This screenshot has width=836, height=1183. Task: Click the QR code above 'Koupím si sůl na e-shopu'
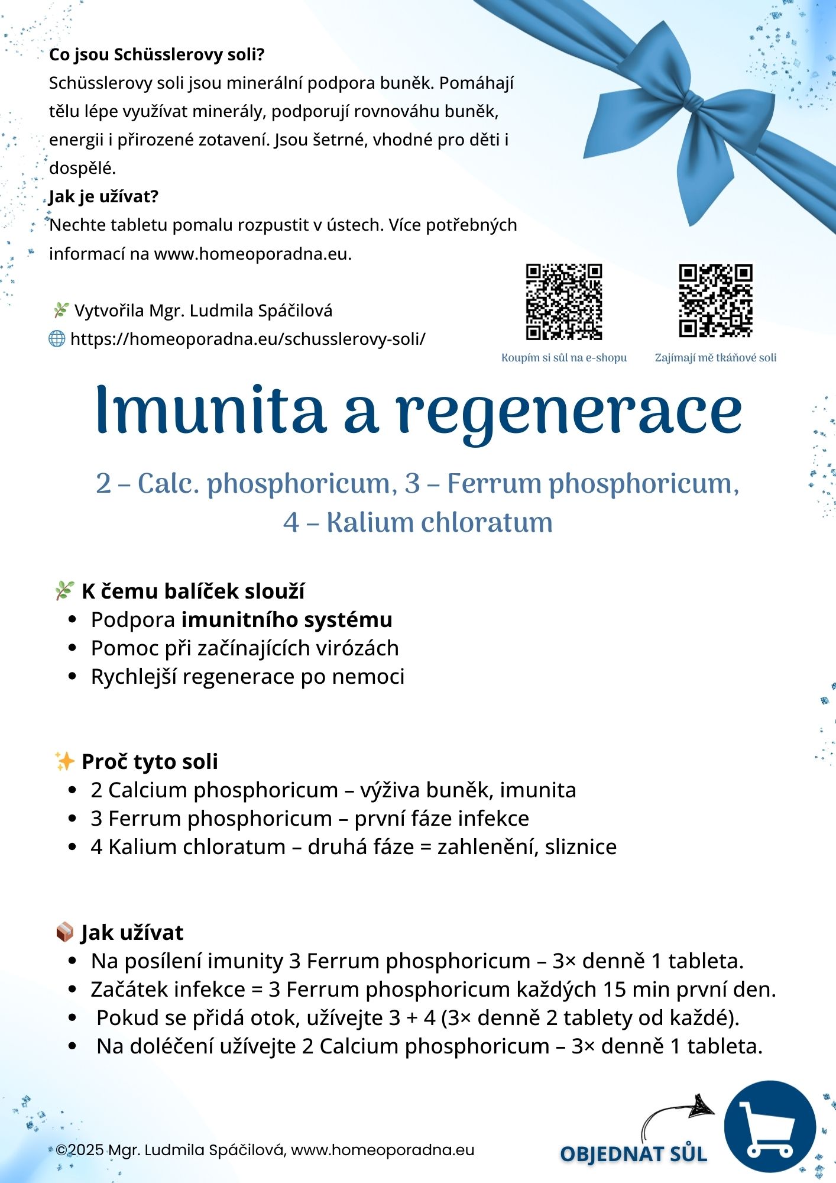[564, 302]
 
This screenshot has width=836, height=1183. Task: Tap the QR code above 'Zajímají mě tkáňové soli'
[715, 300]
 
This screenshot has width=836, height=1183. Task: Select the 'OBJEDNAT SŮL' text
[633, 1154]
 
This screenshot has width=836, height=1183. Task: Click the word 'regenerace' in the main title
[569, 413]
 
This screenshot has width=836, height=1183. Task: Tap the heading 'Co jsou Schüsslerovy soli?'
[157, 54]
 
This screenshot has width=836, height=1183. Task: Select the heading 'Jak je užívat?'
[104, 196]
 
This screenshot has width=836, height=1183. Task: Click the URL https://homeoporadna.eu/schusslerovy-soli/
[248, 339]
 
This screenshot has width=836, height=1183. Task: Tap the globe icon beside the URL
[57, 339]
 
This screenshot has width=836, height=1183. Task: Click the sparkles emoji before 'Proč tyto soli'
[64, 761]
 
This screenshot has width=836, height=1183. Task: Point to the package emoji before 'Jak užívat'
[64, 932]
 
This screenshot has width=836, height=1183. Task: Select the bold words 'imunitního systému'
[287, 619]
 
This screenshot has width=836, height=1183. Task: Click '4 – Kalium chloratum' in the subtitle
[418, 522]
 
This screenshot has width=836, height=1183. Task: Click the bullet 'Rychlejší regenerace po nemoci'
[248, 676]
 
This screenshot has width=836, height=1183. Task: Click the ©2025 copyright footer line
[265, 1150]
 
